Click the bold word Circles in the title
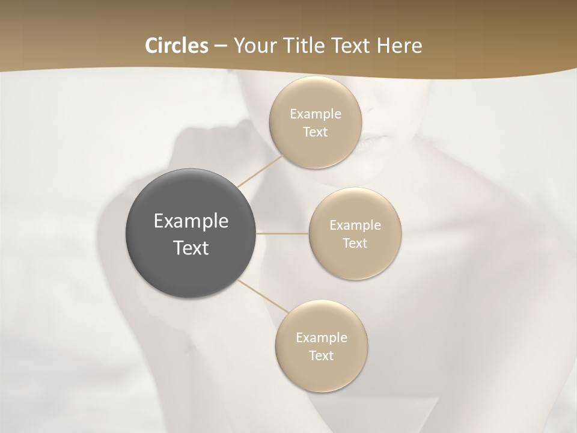176,46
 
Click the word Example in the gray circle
191,221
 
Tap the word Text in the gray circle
191,248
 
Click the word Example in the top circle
316,114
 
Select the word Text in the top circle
315,132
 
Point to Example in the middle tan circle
355,225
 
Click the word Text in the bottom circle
321,355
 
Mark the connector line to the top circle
260,171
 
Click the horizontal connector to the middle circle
282,233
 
